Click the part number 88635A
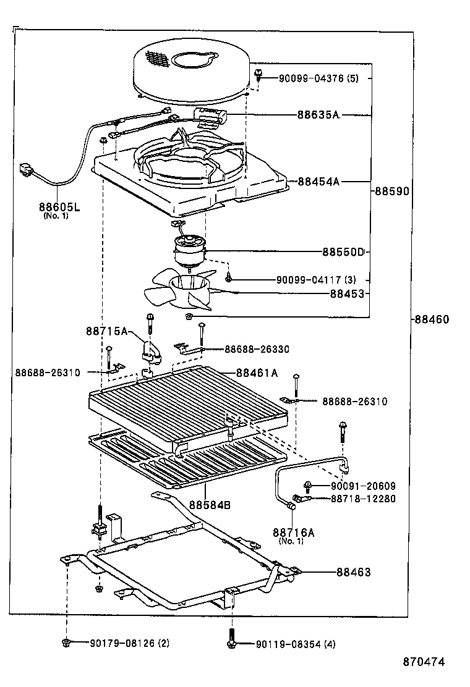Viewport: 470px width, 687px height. pos(318,115)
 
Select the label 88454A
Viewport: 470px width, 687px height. pos(318,182)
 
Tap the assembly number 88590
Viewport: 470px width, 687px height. pos(391,192)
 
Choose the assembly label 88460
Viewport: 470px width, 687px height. pos(432,319)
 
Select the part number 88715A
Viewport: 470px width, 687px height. pos(106,332)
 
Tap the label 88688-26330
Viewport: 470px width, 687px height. pos(255,350)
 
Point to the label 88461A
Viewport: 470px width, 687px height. pos(257,373)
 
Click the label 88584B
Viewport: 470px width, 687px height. pos(210,505)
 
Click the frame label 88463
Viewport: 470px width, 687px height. pos(354,572)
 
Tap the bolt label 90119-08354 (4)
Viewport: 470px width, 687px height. pos(296,644)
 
